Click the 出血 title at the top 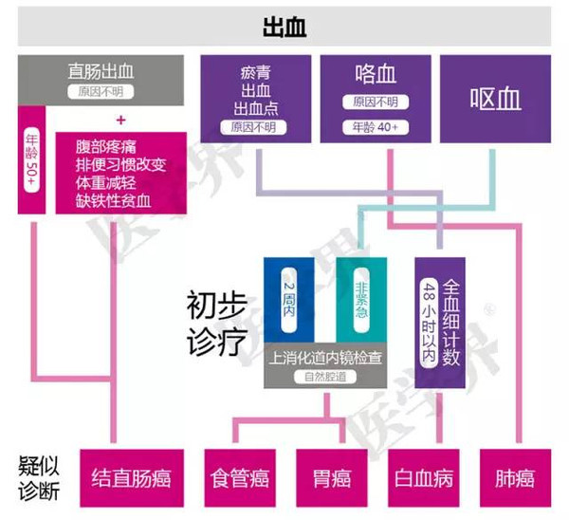point(284,27)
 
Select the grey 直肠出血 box point(101,81)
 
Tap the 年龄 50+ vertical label point(31,158)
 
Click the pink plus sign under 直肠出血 point(121,121)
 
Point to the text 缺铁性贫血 point(113,201)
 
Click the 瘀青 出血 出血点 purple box point(256,99)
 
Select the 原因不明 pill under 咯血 point(376,102)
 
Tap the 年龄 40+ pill point(376,127)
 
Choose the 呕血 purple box point(495,99)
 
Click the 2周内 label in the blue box point(289,300)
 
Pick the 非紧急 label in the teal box point(362,300)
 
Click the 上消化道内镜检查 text point(325,358)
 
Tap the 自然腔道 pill point(325,377)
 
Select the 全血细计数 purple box point(440,323)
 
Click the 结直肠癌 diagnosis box point(132,478)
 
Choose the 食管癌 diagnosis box point(240,478)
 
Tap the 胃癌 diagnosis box point(332,478)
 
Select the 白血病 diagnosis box point(424,478)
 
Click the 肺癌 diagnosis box point(515,478)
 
